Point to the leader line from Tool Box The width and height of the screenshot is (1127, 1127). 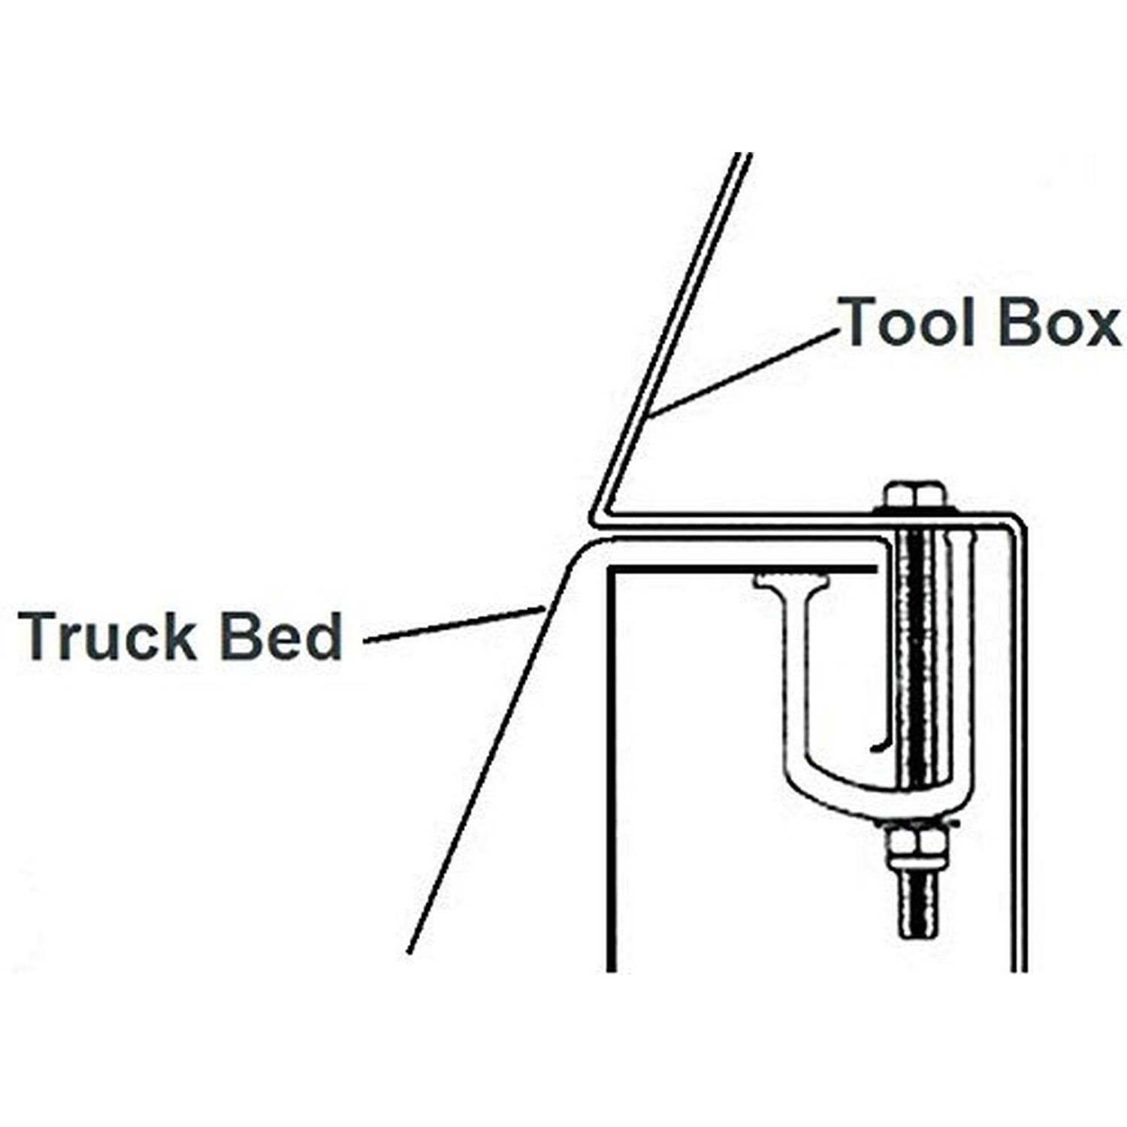coord(744,373)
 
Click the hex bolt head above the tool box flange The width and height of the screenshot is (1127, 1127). coord(913,497)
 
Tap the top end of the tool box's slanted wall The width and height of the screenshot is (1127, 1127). coord(742,156)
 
